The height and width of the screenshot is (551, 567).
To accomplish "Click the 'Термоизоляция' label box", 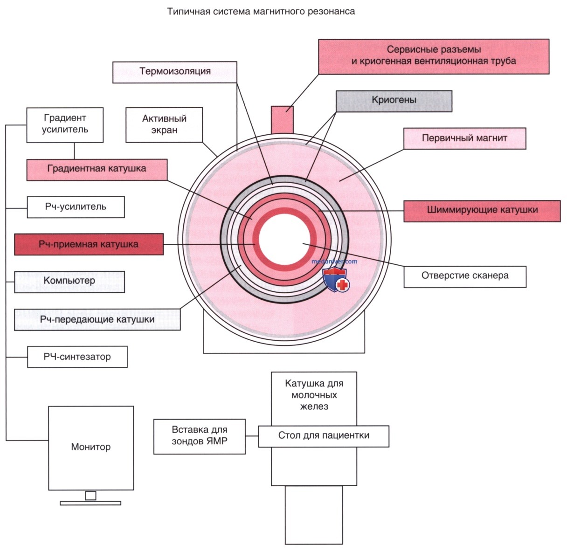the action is pyautogui.click(x=174, y=72).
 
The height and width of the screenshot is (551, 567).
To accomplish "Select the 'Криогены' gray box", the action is pyautogui.click(x=394, y=101).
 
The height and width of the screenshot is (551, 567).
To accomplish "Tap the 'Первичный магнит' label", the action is pyautogui.click(x=464, y=138).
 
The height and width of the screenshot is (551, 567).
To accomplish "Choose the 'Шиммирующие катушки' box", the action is pyautogui.click(x=482, y=211).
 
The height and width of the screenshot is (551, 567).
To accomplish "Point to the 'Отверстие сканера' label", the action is pyautogui.click(x=465, y=276).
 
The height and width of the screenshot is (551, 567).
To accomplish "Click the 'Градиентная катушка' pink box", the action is pyautogui.click(x=97, y=170).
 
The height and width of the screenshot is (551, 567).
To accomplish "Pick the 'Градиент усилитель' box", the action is pyautogui.click(x=65, y=125).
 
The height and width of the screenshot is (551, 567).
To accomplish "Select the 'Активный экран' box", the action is pyautogui.click(x=164, y=124).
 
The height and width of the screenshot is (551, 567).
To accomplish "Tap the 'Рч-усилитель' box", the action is pyautogui.click(x=76, y=207).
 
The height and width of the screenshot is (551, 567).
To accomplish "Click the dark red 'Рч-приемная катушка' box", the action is pyautogui.click(x=89, y=244).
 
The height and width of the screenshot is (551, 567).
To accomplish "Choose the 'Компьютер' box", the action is pyautogui.click(x=69, y=282).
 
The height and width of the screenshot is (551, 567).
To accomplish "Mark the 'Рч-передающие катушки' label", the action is pyautogui.click(x=97, y=319).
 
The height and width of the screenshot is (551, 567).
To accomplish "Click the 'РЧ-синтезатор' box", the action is pyautogui.click(x=77, y=357).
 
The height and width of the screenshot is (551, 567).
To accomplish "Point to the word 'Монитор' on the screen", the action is pyautogui.click(x=91, y=447).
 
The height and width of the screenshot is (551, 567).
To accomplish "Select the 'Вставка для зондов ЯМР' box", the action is pyautogui.click(x=199, y=436).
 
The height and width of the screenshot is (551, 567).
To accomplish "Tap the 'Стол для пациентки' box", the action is pyautogui.click(x=324, y=436).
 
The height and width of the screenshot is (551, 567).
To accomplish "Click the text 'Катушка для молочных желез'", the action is pyautogui.click(x=314, y=395).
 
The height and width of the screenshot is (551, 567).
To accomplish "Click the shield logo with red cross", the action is pyautogui.click(x=336, y=280).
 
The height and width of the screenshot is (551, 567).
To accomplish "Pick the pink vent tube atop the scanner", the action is pyautogui.click(x=282, y=120).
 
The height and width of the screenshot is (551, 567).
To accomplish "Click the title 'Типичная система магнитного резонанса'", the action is pyautogui.click(x=261, y=12).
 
